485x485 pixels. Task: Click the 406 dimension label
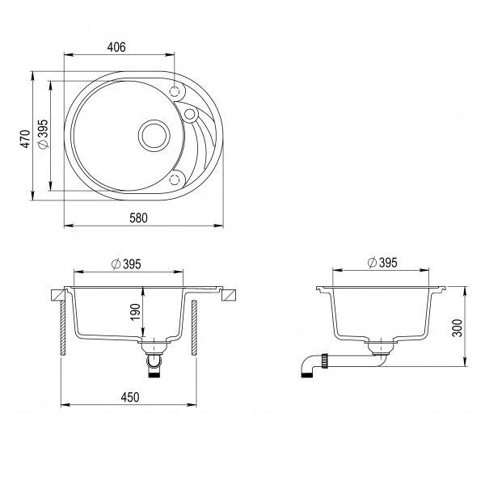(116, 47)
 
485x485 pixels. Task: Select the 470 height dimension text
(26, 139)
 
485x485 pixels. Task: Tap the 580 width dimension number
(138, 218)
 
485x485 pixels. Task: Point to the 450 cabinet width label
(130, 397)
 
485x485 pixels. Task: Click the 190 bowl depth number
(136, 312)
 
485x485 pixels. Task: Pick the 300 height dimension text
(457, 327)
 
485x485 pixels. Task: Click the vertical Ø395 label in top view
(43, 134)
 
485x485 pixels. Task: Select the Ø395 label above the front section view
(126, 264)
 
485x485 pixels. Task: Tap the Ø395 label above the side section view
(382, 263)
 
